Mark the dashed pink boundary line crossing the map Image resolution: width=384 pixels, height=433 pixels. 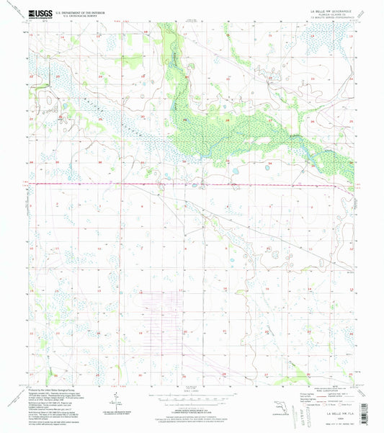195,184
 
